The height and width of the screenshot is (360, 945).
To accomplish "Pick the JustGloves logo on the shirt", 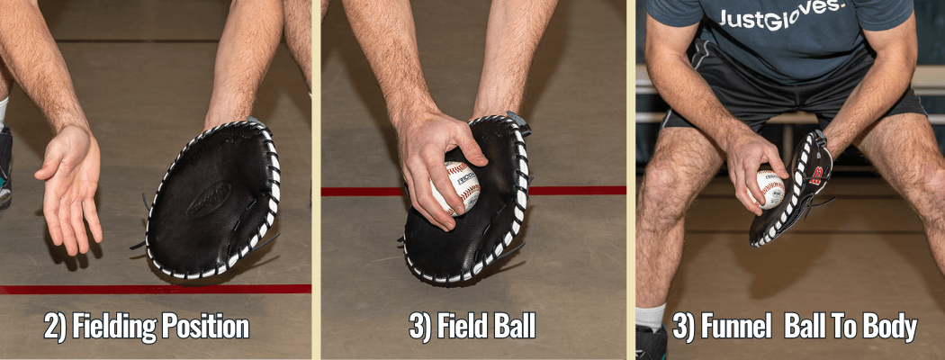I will pos(782,17).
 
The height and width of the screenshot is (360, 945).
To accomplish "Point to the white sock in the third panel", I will pos(650,316).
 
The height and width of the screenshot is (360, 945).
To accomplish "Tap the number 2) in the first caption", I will pos(55,327).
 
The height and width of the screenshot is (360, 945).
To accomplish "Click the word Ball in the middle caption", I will pos(514,327).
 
